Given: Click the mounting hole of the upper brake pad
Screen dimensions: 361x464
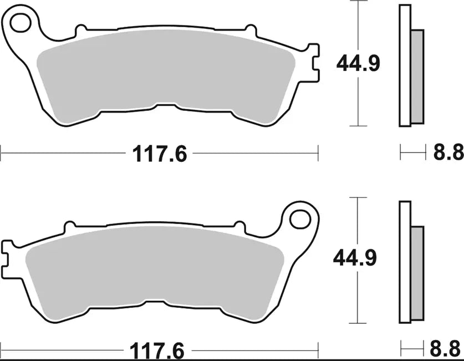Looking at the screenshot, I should (21, 23).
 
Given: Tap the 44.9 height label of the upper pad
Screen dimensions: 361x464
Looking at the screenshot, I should (358, 64).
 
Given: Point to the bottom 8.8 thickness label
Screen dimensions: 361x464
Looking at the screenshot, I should (447, 350).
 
